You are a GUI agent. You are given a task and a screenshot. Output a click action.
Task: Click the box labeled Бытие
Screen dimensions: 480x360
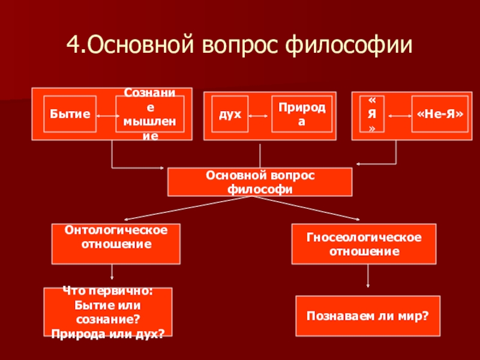(x=70, y=114)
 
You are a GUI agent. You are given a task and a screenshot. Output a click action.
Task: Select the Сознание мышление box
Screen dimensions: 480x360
(x=150, y=114)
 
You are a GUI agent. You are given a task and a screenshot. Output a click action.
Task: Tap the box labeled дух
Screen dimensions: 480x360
(x=230, y=114)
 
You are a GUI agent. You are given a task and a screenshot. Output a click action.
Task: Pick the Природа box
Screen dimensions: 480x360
(x=302, y=114)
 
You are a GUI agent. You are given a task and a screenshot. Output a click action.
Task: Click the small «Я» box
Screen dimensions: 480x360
(x=371, y=114)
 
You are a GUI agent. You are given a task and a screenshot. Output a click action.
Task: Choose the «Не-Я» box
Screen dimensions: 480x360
(x=440, y=114)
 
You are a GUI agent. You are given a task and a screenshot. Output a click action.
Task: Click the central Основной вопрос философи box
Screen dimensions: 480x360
(x=260, y=182)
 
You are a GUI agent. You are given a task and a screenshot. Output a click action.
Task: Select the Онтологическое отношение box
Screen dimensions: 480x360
(x=116, y=244)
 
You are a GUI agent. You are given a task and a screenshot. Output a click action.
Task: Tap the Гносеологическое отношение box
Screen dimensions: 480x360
(x=364, y=244)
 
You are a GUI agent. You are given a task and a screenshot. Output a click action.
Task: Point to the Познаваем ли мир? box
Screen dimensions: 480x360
(x=368, y=316)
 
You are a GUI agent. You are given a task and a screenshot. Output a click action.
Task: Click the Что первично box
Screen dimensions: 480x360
(x=108, y=312)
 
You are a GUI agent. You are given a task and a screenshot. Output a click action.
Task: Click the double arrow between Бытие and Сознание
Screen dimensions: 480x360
(x=108, y=116)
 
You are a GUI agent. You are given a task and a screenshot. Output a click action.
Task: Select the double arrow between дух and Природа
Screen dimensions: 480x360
(x=258, y=116)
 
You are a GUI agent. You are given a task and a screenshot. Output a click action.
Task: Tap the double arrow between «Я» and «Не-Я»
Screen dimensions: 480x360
(x=400, y=116)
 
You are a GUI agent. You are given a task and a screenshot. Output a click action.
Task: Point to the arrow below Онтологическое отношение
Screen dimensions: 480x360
(x=112, y=272)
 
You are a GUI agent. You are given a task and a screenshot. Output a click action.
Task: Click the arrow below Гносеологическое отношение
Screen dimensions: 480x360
(x=368, y=276)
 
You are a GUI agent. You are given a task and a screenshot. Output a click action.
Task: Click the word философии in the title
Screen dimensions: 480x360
(x=349, y=45)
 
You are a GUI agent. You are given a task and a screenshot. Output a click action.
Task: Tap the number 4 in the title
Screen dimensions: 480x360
(x=73, y=44)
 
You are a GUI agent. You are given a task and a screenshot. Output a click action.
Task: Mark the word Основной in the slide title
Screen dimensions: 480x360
(x=140, y=44)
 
